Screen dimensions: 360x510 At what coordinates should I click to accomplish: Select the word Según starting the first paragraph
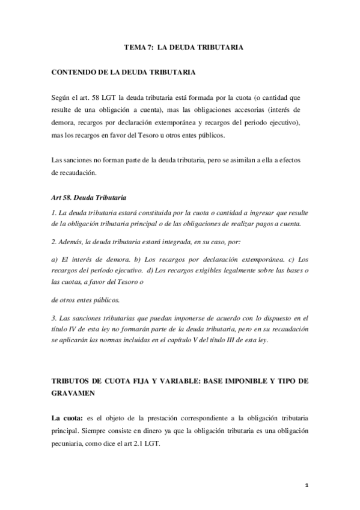(62, 97)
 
